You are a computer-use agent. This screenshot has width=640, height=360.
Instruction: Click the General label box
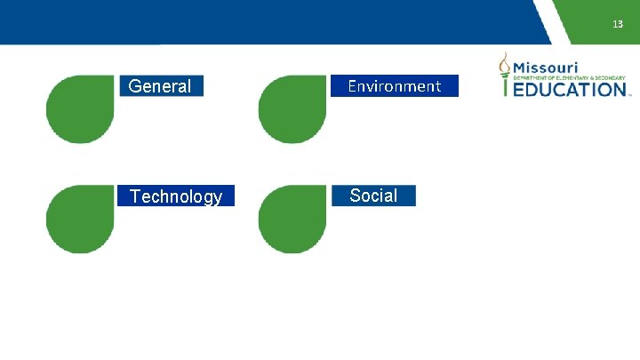(161, 86)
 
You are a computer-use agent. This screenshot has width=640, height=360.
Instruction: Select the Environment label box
(395, 86)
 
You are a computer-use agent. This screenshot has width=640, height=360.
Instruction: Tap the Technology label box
(176, 196)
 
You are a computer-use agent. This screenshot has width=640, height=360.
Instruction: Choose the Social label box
(373, 196)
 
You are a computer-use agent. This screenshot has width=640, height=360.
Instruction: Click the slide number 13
(618, 24)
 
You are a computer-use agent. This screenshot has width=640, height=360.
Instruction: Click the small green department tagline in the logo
(570, 78)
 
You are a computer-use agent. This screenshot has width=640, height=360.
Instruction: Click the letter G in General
(135, 86)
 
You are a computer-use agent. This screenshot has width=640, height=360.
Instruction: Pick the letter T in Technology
(134, 196)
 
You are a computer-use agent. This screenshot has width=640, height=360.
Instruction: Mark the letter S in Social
(356, 196)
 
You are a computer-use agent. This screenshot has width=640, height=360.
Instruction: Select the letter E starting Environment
(352, 86)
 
